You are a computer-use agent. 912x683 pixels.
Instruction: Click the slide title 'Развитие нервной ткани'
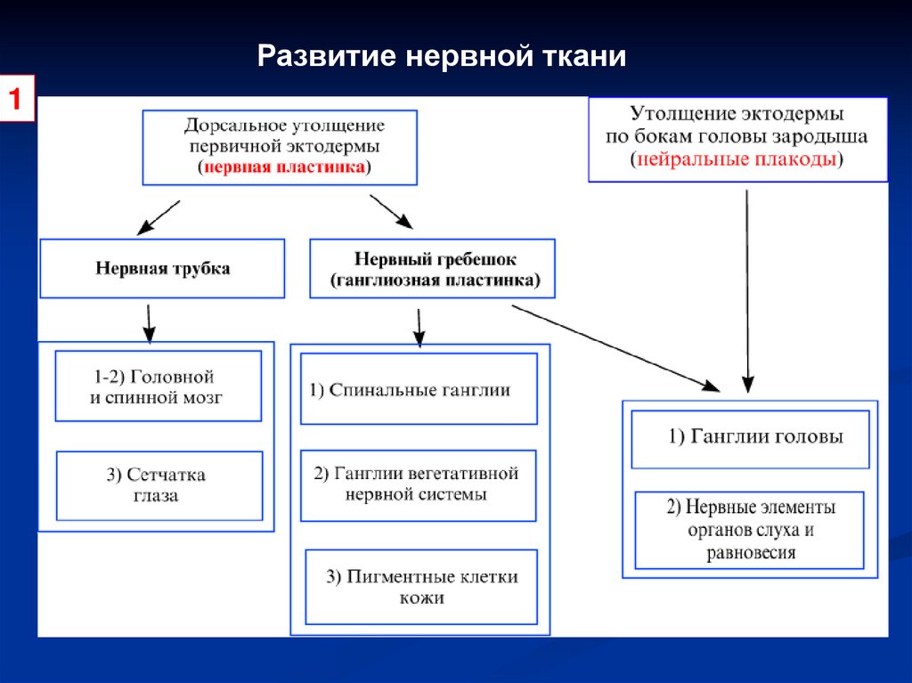(442, 57)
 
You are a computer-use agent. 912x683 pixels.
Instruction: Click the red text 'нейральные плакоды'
(736, 160)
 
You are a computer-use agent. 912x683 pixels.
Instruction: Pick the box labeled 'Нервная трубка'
(162, 268)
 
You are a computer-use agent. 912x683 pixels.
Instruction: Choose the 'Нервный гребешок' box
(434, 269)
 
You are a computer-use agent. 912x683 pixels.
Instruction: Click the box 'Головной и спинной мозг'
(158, 386)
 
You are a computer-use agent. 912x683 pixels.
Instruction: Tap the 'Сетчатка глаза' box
(159, 485)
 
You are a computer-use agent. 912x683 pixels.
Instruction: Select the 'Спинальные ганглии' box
(419, 389)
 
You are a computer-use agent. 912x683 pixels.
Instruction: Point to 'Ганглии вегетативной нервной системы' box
(419, 484)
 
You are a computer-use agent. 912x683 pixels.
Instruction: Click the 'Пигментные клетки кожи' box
(421, 587)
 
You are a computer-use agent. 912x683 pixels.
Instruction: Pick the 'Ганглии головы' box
(750, 438)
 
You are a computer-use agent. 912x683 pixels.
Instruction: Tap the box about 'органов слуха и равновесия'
(749, 530)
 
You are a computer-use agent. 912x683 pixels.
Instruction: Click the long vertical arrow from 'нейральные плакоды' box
(747, 285)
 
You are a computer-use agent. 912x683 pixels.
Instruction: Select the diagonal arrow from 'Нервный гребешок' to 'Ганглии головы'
(615, 347)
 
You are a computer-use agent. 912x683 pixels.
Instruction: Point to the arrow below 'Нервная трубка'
(149, 322)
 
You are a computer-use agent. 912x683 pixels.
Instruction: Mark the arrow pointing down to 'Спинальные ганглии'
(419, 326)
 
